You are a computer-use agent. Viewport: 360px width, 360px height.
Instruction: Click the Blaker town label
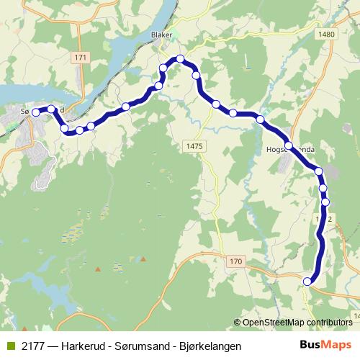(160, 34)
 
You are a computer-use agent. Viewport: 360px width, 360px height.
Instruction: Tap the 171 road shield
(80, 57)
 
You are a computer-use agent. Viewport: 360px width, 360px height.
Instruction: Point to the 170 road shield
(237, 261)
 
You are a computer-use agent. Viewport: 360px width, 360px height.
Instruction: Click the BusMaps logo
(326, 345)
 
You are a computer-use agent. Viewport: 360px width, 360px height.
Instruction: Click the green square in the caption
(9, 346)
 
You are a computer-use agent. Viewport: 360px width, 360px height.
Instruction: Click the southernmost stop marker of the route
(308, 282)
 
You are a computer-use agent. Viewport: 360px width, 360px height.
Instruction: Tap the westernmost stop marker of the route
(35, 112)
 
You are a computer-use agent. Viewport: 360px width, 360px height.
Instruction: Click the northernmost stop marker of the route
(180, 58)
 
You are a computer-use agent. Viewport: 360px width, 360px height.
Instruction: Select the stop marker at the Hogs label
(289, 146)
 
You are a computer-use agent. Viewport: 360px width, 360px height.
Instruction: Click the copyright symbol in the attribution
(238, 322)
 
